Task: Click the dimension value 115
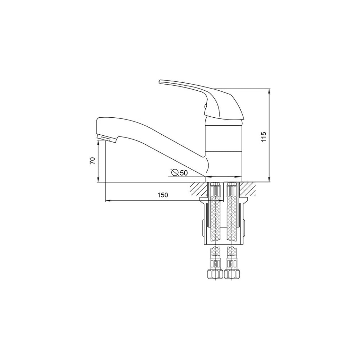[x=264, y=136]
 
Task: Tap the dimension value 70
[x=92, y=161]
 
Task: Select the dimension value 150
[x=163, y=195]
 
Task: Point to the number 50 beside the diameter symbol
[x=184, y=173]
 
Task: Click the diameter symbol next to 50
[x=175, y=172]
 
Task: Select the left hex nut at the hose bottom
[x=215, y=274]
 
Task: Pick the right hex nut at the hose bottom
[x=232, y=274]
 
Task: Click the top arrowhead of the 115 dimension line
[x=270, y=91]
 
